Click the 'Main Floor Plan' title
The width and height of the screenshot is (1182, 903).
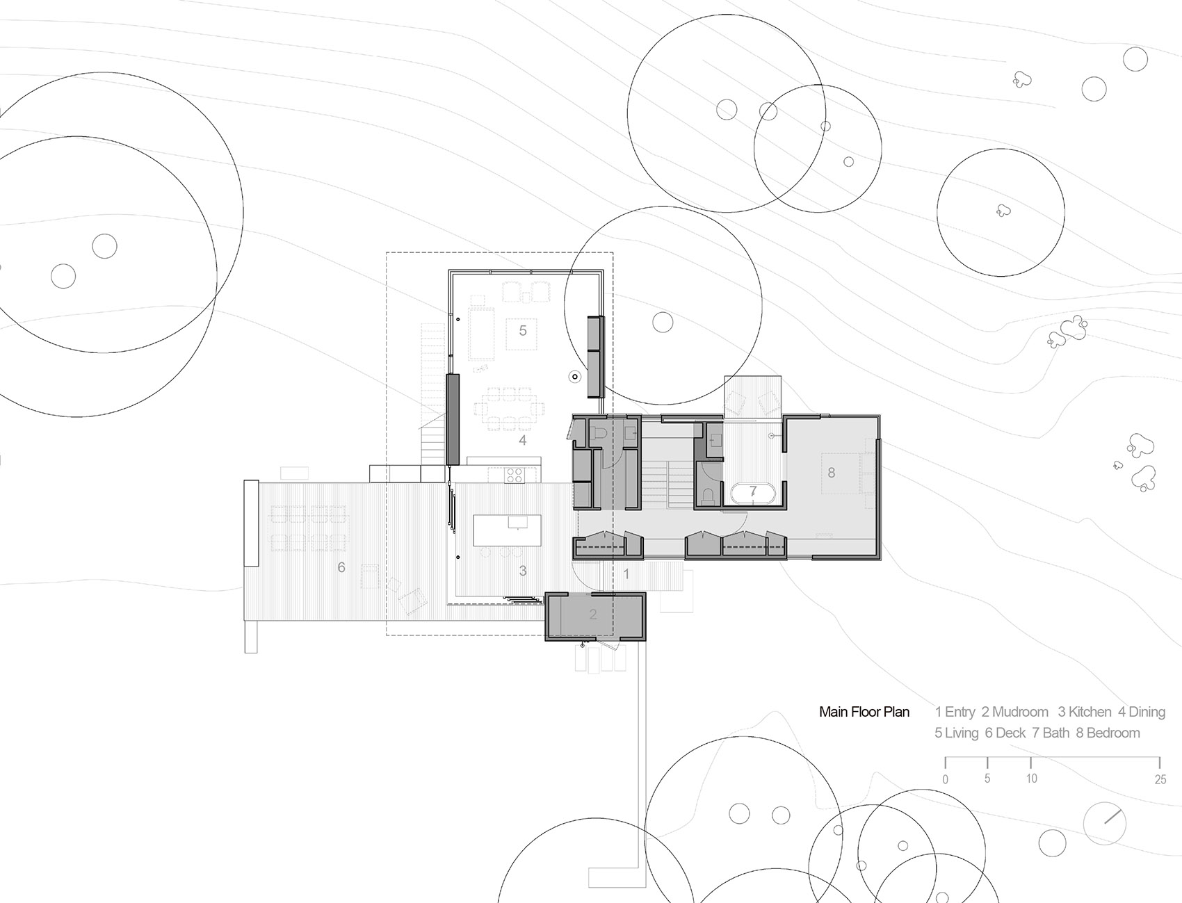click(x=864, y=712)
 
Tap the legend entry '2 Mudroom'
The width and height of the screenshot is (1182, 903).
click(x=1014, y=712)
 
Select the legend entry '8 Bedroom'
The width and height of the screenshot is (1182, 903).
click(x=1108, y=733)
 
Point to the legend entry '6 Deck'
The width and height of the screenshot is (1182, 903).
click(x=1005, y=733)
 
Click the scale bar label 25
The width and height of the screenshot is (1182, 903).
click(x=1160, y=779)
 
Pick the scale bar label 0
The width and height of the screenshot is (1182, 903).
click(x=945, y=779)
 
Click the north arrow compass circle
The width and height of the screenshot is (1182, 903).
click(x=1105, y=823)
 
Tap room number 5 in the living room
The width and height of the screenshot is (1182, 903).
click(x=523, y=330)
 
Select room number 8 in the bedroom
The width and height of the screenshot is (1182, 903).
click(x=832, y=473)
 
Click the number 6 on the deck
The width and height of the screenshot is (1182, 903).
click(x=341, y=568)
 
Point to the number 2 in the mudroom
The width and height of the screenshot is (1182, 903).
click(x=593, y=615)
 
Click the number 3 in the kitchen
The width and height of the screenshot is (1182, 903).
click(x=523, y=571)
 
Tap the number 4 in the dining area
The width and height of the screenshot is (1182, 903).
click(x=522, y=440)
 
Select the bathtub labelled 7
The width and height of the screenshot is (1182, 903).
click(x=753, y=493)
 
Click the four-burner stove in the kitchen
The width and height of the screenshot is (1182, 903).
click(x=514, y=475)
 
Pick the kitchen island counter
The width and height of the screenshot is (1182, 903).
click(x=507, y=530)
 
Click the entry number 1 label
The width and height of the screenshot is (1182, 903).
click(x=626, y=574)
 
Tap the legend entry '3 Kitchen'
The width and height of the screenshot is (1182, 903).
click(x=1085, y=712)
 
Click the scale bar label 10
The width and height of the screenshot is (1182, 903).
click(x=1031, y=779)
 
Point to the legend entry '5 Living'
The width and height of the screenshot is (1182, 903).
click(x=956, y=733)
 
